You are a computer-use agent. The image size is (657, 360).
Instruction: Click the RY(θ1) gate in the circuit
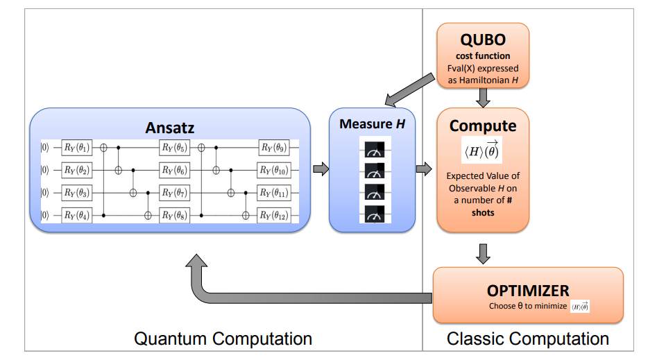click(x=76, y=147)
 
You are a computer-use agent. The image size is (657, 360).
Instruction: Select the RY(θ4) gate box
click(x=76, y=214)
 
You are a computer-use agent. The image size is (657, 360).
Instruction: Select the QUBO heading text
click(x=483, y=40)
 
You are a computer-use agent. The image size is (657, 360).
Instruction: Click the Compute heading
click(x=483, y=126)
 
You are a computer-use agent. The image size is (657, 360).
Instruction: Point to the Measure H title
click(x=373, y=124)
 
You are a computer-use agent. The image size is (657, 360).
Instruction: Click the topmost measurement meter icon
click(x=375, y=149)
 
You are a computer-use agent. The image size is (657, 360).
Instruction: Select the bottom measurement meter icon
click(x=375, y=214)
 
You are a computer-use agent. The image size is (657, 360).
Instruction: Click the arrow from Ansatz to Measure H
click(x=321, y=169)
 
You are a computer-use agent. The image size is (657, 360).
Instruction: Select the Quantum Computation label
click(x=223, y=338)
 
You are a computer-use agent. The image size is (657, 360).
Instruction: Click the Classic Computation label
click(x=528, y=338)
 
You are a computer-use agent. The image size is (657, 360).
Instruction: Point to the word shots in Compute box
click(x=483, y=212)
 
